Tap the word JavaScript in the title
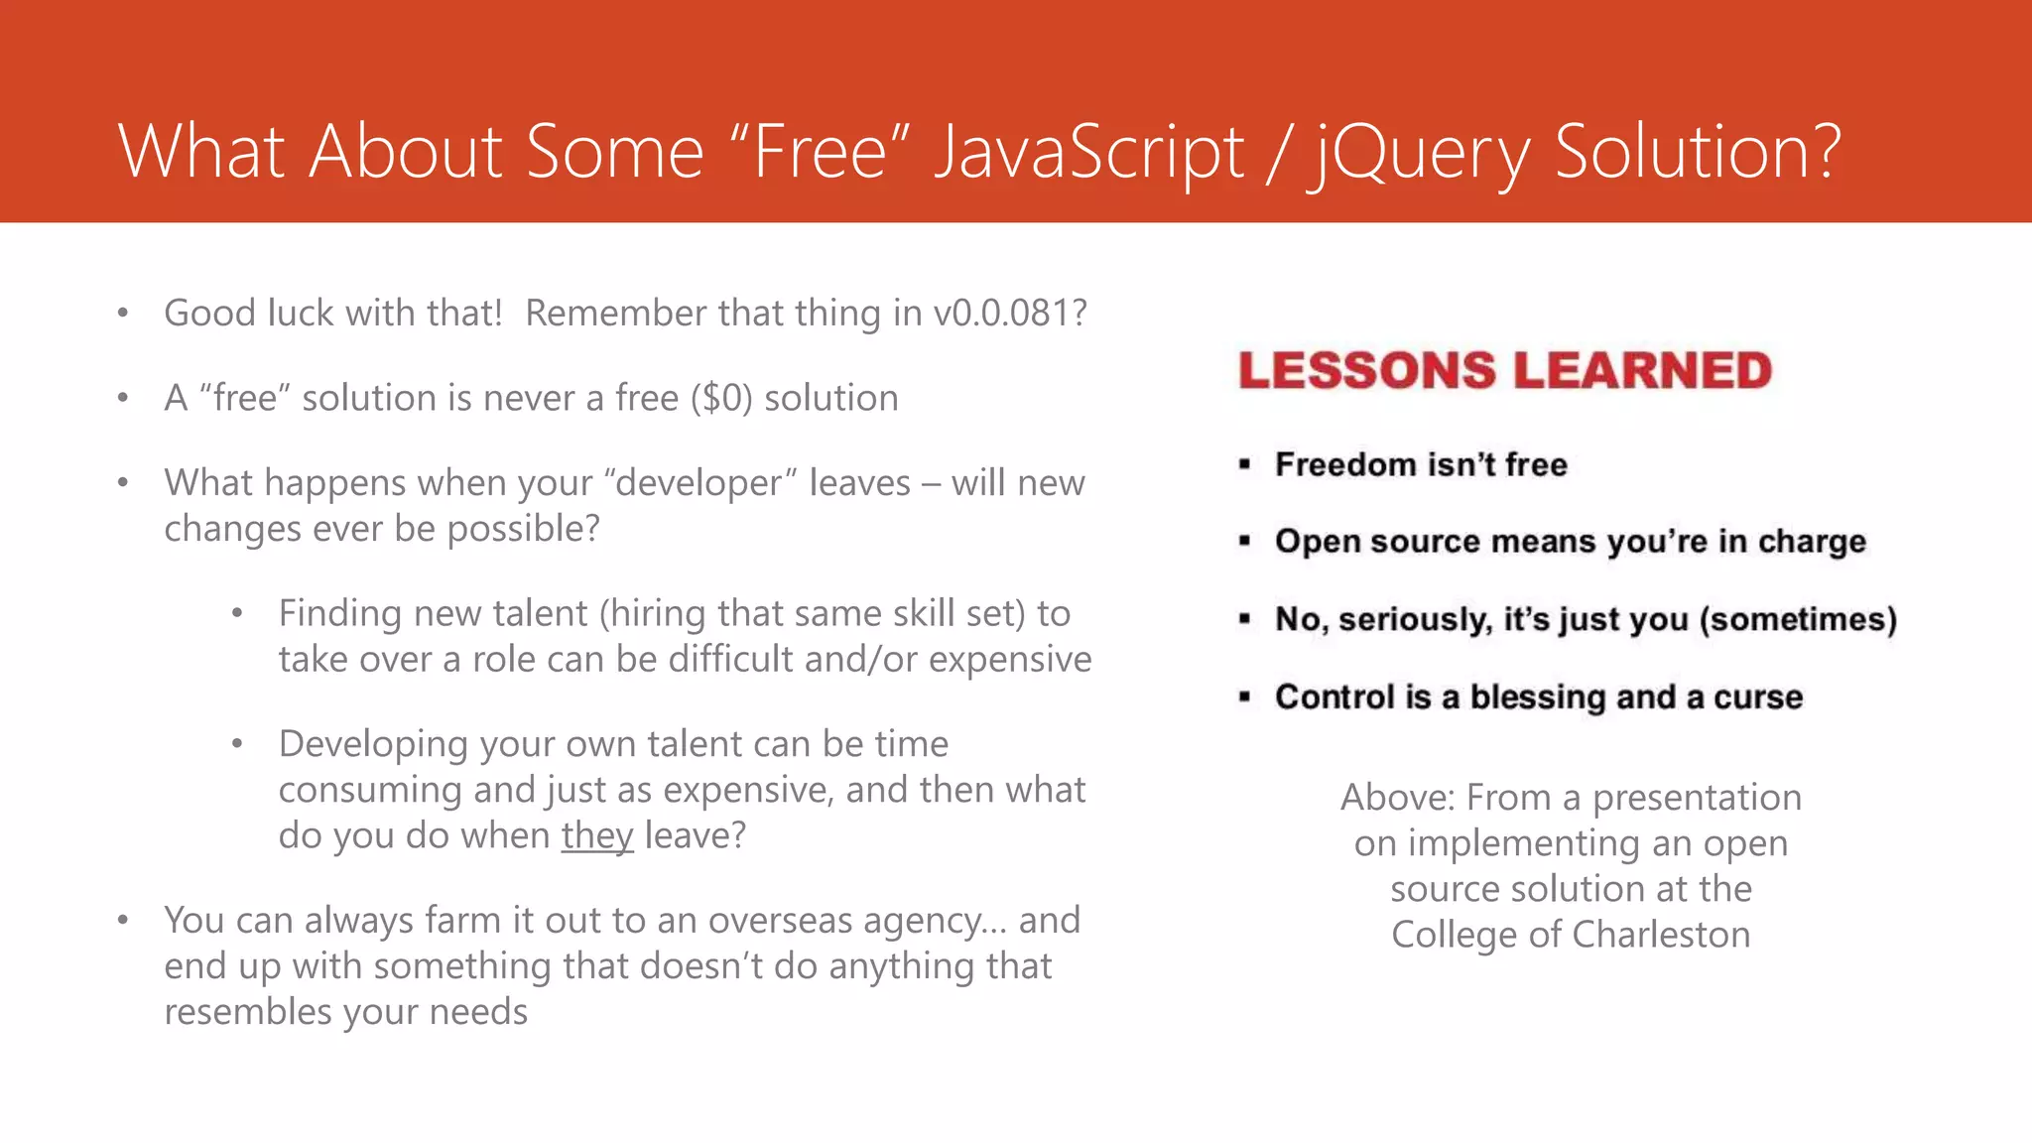coord(1088,154)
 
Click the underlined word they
coord(596,835)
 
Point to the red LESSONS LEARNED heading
coord(1504,370)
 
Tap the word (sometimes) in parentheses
coord(1798,619)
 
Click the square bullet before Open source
coord(1244,541)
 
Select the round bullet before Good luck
coord(123,314)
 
